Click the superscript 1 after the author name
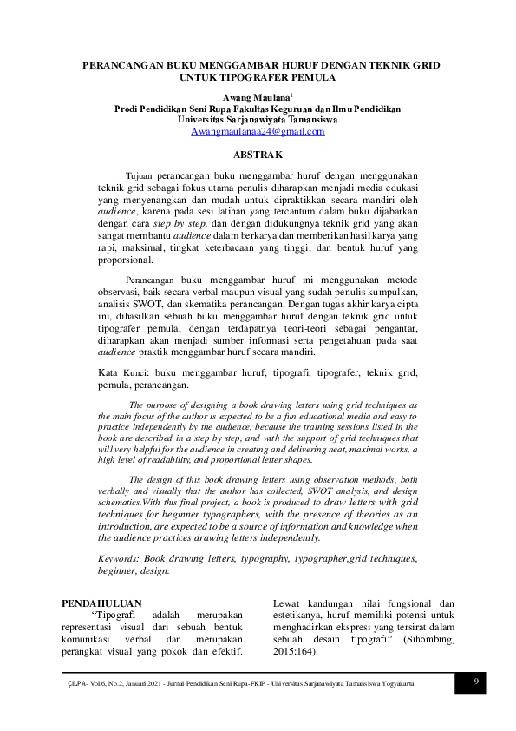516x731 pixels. click(292, 95)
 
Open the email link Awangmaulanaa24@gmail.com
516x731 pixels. click(258, 132)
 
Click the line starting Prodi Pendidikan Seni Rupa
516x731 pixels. click(258, 109)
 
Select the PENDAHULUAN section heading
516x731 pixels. click(101, 603)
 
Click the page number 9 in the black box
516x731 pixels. click(476, 682)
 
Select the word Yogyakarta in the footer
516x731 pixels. click(393, 684)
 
